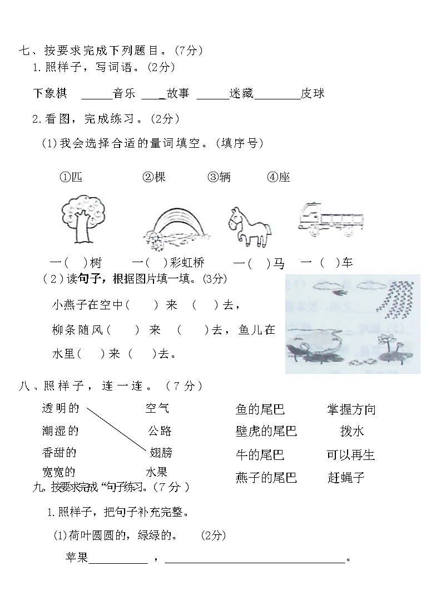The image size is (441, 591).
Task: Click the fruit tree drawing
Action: click(x=81, y=219)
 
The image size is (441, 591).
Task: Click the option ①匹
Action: click(x=71, y=177)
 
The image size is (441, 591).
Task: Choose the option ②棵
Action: click(x=154, y=177)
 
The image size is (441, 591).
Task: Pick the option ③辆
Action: click(x=219, y=177)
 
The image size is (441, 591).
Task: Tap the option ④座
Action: click(x=279, y=177)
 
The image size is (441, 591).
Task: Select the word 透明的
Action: click(x=61, y=409)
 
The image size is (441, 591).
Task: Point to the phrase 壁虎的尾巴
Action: click(x=266, y=432)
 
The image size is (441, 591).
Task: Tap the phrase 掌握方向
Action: click(x=351, y=410)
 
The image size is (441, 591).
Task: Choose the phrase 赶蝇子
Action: click(x=346, y=477)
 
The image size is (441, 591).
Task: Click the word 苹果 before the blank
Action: click(x=77, y=558)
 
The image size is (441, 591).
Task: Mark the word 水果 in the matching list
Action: click(x=156, y=472)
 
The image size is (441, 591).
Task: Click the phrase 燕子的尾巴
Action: click(x=266, y=477)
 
